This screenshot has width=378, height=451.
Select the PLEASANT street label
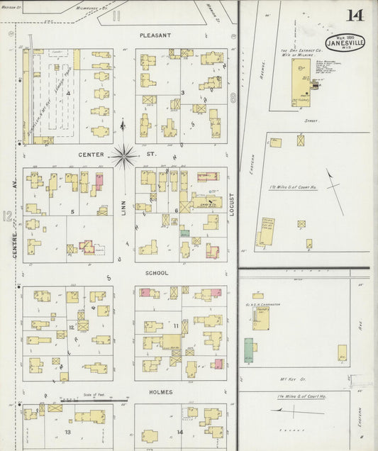[x=155, y=34]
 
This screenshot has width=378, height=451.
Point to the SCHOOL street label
[x=157, y=272]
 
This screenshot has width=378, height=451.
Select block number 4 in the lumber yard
[x=69, y=93]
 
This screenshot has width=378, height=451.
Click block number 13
[x=69, y=431]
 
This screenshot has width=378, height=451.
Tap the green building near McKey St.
[x=249, y=350]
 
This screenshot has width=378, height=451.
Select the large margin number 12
[x=8, y=216]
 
